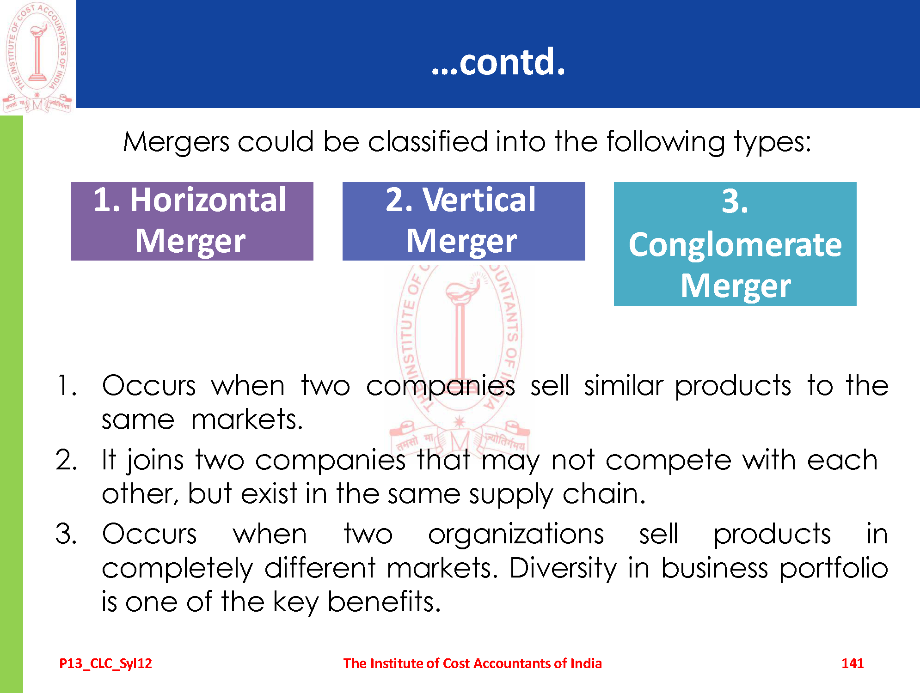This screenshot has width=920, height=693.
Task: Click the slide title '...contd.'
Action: [x=498, y=62]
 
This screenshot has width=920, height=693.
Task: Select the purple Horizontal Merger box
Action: [x=192, y=221]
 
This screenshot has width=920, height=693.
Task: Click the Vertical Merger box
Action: [x=464, y=221]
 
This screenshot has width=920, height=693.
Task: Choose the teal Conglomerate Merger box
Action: [x=735, y=244]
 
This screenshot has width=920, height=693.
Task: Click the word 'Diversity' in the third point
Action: [x=563, y=569]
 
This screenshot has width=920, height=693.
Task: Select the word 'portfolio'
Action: [x=834, y=569]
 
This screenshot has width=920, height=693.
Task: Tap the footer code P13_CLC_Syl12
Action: [x=105, y=664]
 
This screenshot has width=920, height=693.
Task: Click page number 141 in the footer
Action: [x=853, y=663]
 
